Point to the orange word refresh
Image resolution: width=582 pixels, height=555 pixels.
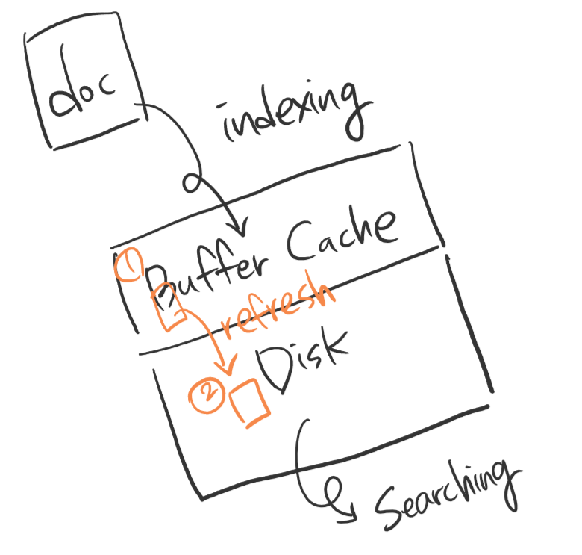click(x=276, y=308)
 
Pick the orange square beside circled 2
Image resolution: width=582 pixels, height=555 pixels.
click(x=250, y=404)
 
